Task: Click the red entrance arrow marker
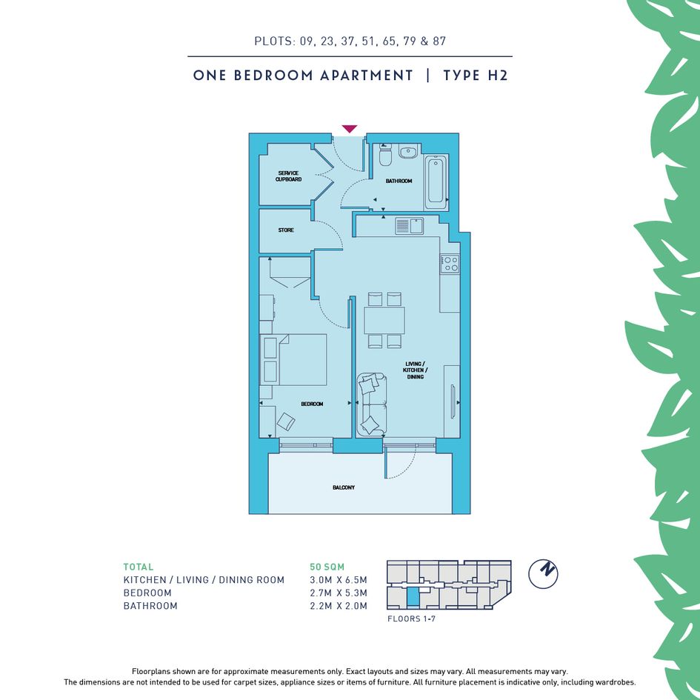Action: pos(350,129)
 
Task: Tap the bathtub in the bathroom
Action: pos(436,182)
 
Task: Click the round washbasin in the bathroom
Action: pos(408,152)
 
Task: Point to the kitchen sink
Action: pos(409,225)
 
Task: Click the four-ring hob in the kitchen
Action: pos(450,264)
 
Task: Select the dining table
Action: pos(384,320)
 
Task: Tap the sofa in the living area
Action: pos(371,404)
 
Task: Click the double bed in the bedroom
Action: pos(293,359)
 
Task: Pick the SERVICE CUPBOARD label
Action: pos(288,176)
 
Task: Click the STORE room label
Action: pos(286,230)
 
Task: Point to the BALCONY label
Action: pos(344,487)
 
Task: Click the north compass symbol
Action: pos(543,573)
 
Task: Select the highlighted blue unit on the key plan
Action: pos(413,596)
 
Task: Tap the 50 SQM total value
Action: pos(327,567)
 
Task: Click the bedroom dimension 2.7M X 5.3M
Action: pos(339,593)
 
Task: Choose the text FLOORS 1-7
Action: pos(411,619)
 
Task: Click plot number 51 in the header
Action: pos(368,41)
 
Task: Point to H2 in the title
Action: pos(498,75)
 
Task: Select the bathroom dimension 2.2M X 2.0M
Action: pos(339,606)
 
